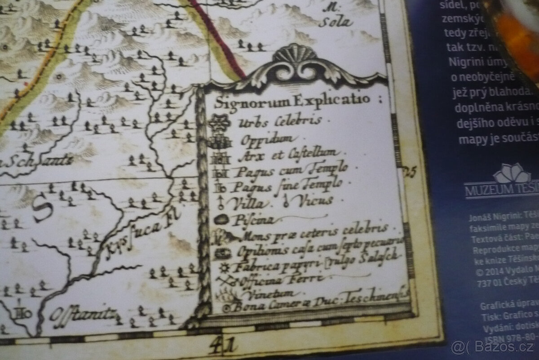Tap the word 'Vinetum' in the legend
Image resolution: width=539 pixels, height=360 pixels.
point(267,294)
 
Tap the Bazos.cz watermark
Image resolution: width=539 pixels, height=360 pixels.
point(494,347)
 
